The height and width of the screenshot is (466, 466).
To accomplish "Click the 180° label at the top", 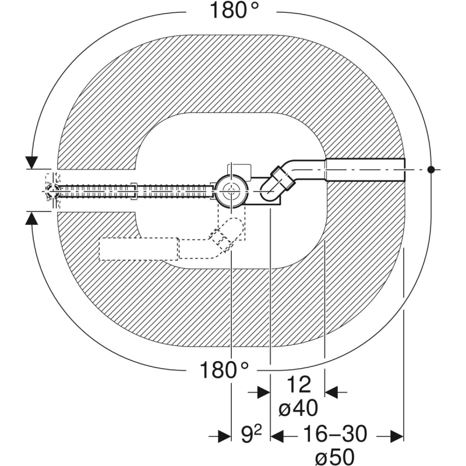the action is (x=234, y=10).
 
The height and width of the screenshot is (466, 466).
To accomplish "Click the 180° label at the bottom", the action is (x=224, y=370).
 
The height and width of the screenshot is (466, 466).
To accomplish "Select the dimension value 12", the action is (x=299, y=385).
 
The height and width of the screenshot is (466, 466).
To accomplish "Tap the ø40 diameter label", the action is (x=298, y=408).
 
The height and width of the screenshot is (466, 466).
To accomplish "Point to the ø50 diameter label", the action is (x=335, y=456).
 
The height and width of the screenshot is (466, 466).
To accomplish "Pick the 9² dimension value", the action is (x=251, y=435).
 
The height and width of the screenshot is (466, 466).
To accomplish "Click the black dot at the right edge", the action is (x=431, y=170).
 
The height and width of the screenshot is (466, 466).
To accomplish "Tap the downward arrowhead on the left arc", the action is (x=31, y=163).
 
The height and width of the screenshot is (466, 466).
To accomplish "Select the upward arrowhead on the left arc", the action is (x=31, y=218).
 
